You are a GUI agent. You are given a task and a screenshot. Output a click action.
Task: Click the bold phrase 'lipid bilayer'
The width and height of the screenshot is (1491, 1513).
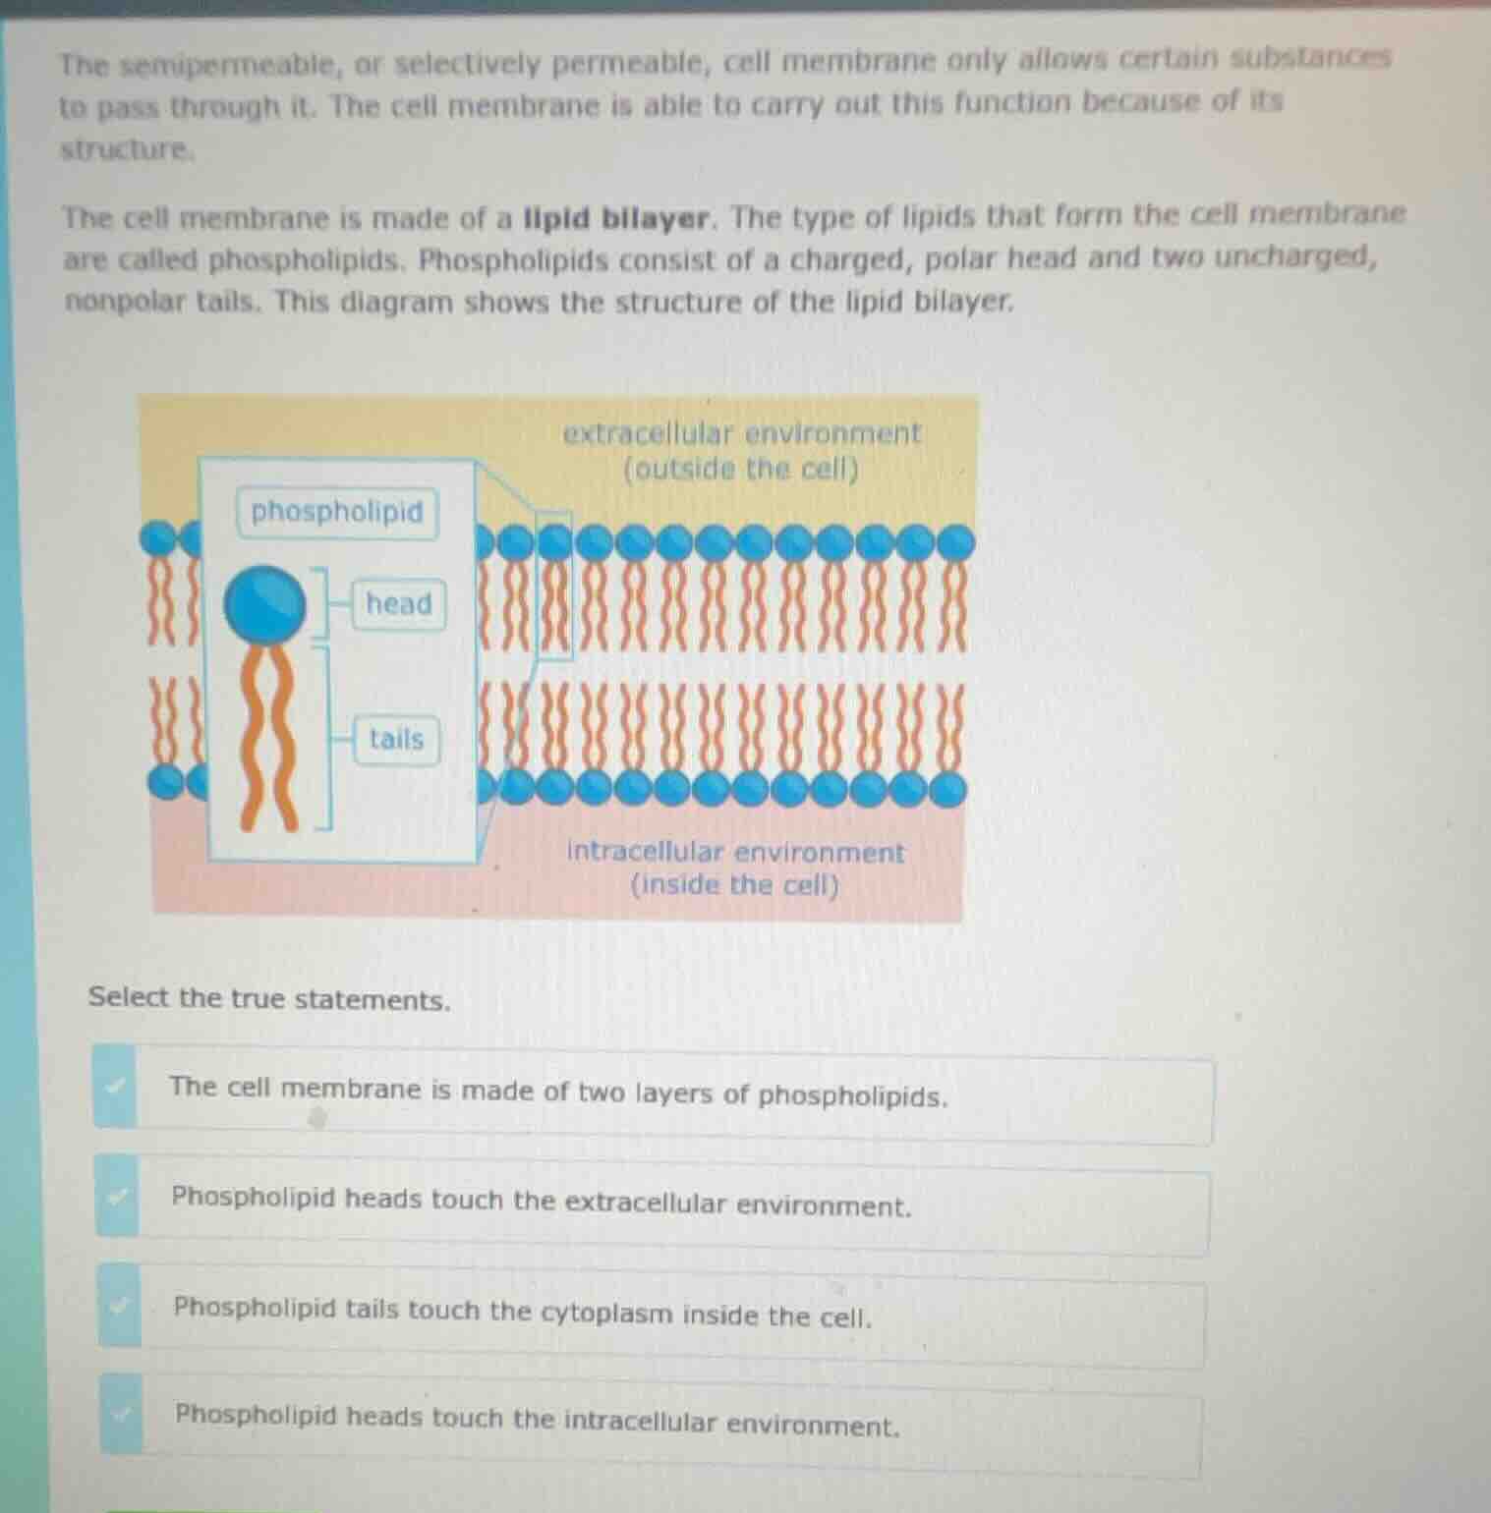tap(616, 217)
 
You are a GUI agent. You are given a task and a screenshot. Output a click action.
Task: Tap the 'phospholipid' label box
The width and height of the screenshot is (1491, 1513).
tap(337, 512)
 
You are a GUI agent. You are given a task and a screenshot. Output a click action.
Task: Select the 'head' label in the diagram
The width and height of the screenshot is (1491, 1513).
tap(398, 603)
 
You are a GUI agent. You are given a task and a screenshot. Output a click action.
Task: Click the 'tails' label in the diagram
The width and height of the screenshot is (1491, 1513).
tap(396, 739)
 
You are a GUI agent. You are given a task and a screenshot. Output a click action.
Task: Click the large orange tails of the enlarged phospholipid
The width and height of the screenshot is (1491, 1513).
tap(268, 737)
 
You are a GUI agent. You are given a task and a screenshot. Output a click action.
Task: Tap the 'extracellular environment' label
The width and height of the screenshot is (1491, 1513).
tap(742, 433)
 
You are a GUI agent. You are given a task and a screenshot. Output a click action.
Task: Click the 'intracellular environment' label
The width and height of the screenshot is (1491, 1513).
tap(735, 851)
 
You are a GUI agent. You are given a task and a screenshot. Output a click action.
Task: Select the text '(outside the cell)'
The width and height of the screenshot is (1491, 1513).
tap(741, 470)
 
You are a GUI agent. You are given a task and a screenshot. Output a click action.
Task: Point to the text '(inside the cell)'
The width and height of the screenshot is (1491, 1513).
tap(735, 885)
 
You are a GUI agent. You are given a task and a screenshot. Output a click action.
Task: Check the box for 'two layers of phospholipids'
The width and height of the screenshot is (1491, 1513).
tap(116, 1087)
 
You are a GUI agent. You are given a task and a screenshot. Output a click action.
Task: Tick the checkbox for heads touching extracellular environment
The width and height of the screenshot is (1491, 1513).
tap(118, 1197)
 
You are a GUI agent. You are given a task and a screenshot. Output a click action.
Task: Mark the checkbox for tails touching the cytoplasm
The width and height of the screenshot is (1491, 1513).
tap(120, 1307)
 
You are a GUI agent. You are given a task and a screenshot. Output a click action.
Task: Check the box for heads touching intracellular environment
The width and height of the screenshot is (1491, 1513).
tap(121, 1415)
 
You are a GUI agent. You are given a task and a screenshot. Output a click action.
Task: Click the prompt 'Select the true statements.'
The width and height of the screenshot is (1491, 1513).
tap(269, 999)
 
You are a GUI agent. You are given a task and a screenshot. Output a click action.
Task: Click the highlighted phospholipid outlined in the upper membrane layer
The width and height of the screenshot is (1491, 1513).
tap(554, 585)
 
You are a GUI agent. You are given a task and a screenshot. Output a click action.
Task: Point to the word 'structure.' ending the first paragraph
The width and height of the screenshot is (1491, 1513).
tap(126, 150)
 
